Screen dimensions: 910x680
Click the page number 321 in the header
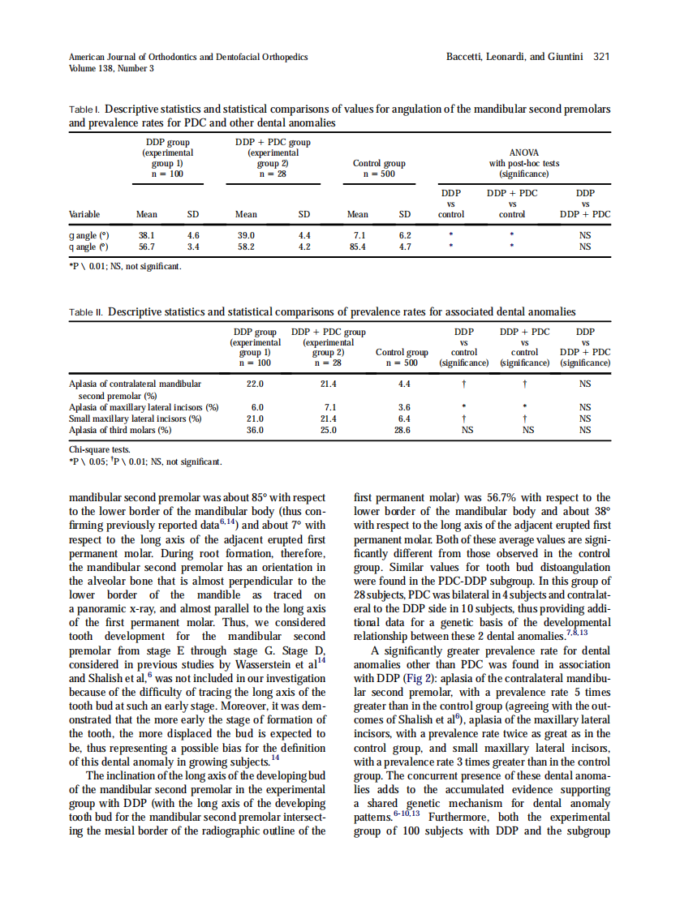601,57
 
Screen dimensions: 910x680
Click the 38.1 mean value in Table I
147,234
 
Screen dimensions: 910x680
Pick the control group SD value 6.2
404,234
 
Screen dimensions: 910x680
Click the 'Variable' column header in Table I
84,215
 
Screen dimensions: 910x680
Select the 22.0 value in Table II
256,384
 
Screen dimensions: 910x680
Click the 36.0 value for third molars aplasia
256,431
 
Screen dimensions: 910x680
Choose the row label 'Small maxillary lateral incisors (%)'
135,419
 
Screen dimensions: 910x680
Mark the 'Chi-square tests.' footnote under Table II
98,449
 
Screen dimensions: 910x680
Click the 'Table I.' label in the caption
84,109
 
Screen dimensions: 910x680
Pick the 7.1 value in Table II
329,407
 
